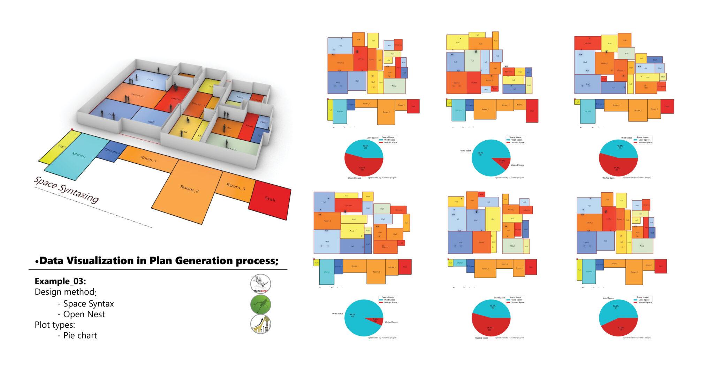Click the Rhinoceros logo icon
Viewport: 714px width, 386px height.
(260, 283)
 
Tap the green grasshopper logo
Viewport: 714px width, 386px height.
(260, 304)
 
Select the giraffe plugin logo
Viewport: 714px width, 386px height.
(260, 324)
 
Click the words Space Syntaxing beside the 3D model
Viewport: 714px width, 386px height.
(66, 190)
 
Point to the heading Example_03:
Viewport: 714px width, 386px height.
(60, 281)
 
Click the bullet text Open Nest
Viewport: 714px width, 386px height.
(84, 314)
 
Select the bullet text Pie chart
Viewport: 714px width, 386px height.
(80, 335)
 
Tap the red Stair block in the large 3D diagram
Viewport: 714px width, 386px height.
(270, 199)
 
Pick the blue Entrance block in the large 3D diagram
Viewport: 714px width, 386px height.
(112, 151)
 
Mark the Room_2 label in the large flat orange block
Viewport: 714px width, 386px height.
(189, 188)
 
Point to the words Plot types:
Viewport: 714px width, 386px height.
(55, 325)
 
